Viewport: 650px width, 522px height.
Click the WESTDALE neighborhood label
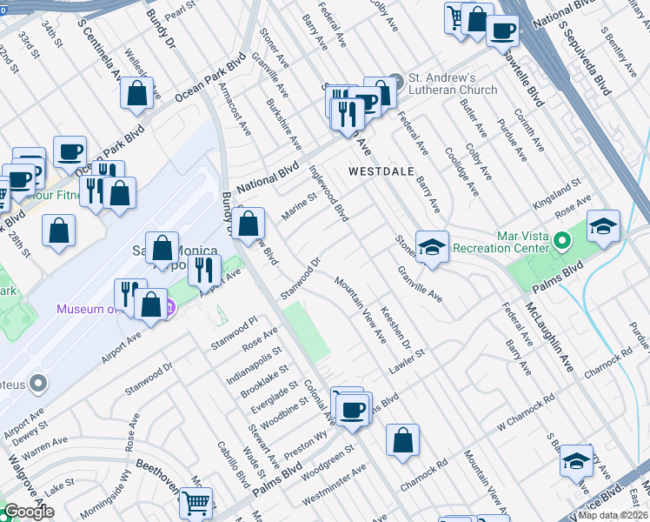388,171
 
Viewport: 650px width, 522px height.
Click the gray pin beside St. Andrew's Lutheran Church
396,78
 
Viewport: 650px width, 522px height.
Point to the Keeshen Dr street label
395,322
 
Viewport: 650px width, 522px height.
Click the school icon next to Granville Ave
431,247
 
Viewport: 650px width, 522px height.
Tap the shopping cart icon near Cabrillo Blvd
196,502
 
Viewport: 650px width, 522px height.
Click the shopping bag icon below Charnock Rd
403,440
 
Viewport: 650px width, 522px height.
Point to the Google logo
29,512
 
